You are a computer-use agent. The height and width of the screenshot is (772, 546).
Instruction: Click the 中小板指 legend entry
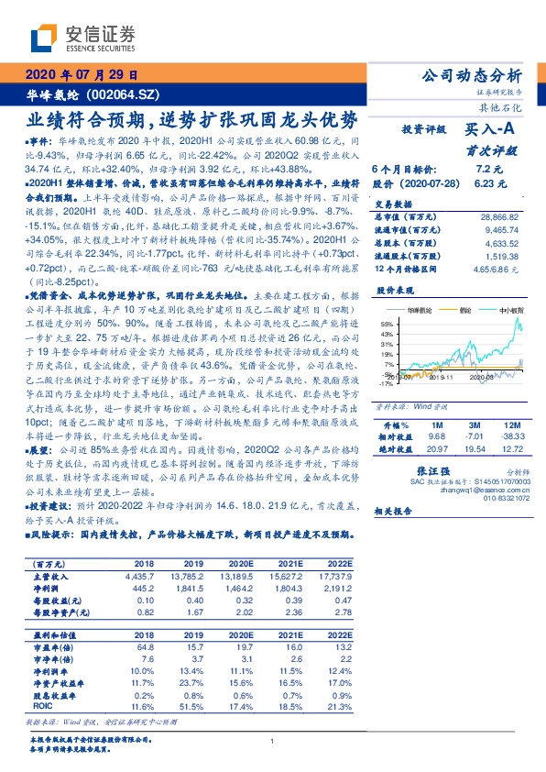click(510, 311)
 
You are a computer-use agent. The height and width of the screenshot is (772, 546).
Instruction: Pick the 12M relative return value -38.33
click(511, 436)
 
